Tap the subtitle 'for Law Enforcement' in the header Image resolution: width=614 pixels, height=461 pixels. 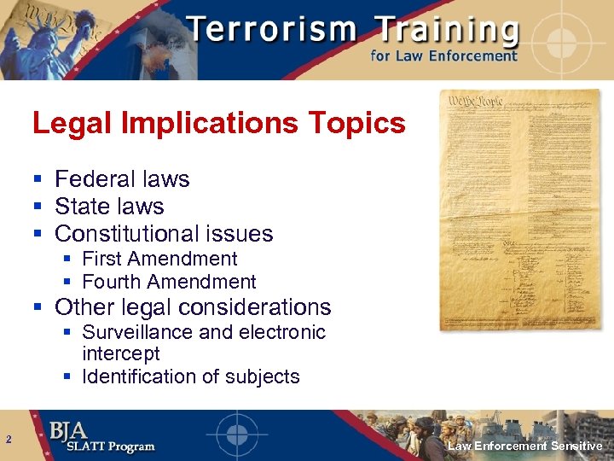click(443, 56)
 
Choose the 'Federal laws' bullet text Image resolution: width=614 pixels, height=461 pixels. click(122, 179)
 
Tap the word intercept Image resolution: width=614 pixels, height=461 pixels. click(121, 353)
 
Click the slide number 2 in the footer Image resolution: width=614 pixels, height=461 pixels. click(8, 441)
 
